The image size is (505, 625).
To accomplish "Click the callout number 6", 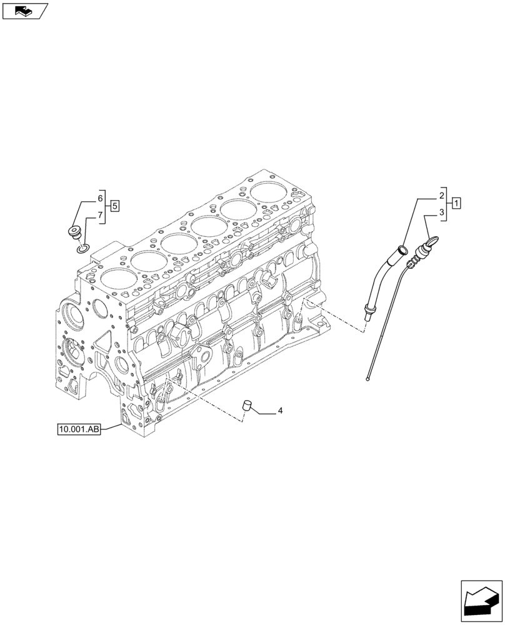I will tap(100, 199).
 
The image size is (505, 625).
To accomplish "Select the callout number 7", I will tap(100, 216).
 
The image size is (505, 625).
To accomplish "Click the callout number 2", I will tap(442, 194).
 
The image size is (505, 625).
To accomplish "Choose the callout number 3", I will tap(442, 212).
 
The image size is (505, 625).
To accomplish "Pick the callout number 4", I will tap(281, 411).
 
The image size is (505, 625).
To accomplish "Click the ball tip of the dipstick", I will tap(369, 378).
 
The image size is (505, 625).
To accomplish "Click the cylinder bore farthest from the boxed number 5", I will tap(270, 185).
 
